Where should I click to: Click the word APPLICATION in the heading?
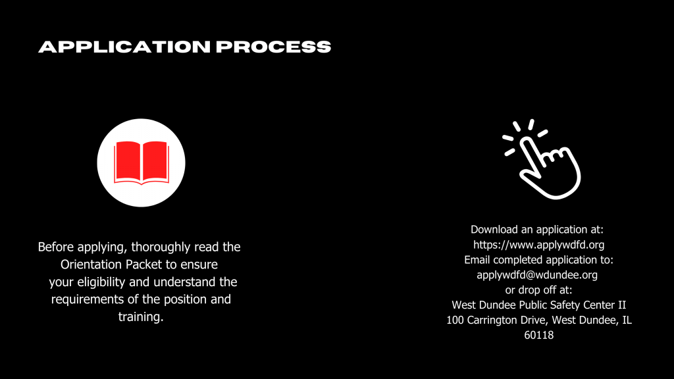pos(124,47)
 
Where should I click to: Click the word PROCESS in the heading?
pos(273,47)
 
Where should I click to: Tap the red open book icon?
pos(142,163)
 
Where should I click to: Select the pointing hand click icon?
pos(542,159)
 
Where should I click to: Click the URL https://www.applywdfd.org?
pos(538,245)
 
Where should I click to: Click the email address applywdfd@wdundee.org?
pos(537,275)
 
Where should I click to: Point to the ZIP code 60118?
pos(538,335)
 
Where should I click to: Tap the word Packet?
pos(144,265)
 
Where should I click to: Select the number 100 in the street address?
pos(455,320)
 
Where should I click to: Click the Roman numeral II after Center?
pos(621,305)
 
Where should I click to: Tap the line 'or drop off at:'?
pos(538,290)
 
